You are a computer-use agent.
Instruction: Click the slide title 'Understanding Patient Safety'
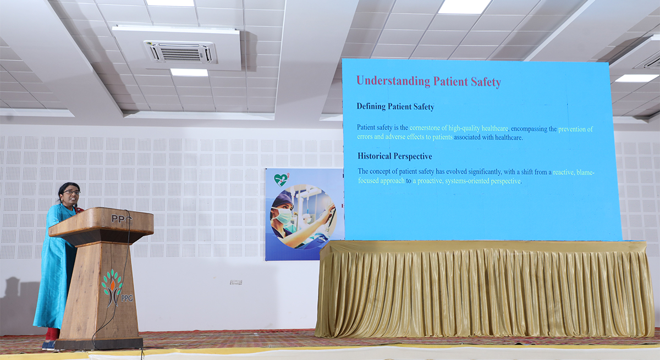[428, 81]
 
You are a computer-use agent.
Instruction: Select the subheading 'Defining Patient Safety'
[395, 107]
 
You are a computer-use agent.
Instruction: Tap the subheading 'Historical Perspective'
[395, 156]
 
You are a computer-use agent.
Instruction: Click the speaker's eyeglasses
[71, 192]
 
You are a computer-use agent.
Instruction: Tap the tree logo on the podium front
[112, 287]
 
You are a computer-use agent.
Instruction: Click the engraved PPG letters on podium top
[121, 218]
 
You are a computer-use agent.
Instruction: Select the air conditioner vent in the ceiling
[180, 52]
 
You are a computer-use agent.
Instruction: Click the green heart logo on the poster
[281, 180]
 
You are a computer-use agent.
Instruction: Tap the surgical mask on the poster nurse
[282, 215]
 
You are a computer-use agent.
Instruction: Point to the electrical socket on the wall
[236, 283]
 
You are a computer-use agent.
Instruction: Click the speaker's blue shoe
[49, 345]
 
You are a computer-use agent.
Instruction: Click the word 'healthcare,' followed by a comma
[495, 129]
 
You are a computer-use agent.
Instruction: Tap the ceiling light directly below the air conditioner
[189, 73]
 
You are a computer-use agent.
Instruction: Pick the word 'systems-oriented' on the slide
[467, 181]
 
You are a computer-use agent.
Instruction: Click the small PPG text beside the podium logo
[127, 298]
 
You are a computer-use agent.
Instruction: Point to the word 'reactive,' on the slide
[564, 172]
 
